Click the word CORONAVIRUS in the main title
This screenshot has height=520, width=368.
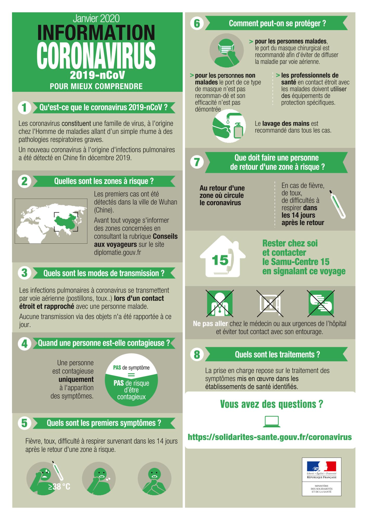(x=96, y=56)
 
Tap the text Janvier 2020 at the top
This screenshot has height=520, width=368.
(x=96, y=18)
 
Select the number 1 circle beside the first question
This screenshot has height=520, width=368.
(x=24, y=107)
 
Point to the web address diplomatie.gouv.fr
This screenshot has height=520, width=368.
(x=118, y=252)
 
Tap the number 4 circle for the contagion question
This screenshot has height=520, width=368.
(x=24, y=343)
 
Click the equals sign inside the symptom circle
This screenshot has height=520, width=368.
(x=131, y=375)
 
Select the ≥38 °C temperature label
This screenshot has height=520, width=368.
(x=59, y=486)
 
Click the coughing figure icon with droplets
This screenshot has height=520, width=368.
(x=99, y=478)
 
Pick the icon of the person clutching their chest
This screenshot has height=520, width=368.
(x=154, y=478)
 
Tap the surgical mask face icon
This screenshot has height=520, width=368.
(x=227, y=50)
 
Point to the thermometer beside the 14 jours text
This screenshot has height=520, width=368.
(x=338, y=204)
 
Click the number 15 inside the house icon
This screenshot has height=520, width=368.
(x=220, y=260)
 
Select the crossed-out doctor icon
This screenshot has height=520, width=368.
(x=220, y=303)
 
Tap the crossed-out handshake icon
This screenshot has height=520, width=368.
(x=321, y=303)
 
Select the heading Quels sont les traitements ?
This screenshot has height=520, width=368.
(x=277, y=354)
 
